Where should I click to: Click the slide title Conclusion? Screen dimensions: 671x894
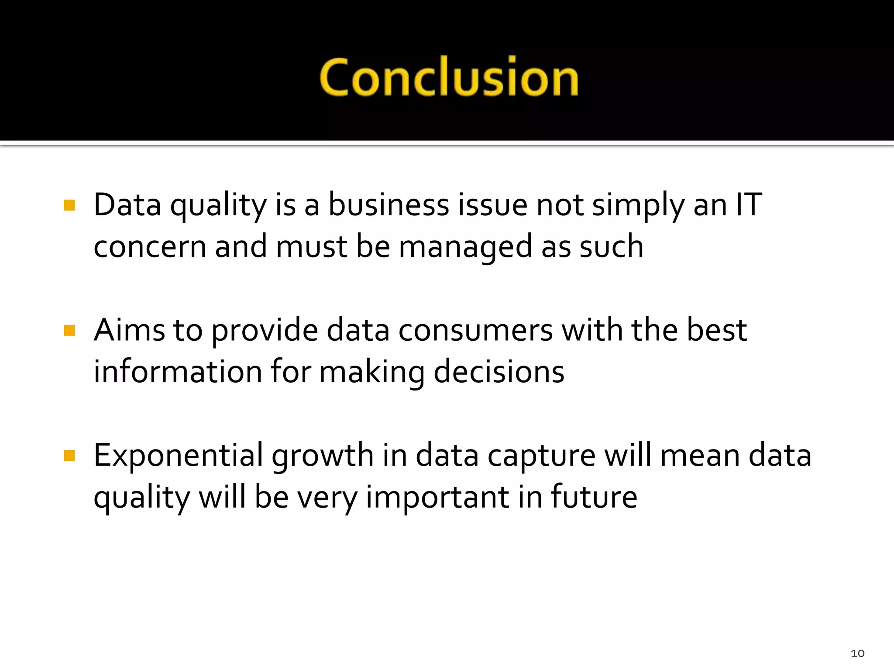(x=449, y=78)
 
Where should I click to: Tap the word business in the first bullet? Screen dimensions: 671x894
(x=389, y=204)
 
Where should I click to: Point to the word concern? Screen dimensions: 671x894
(x=150, y=247)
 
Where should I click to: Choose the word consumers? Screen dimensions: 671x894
(x=475, y=330)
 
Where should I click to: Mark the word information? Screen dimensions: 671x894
(x=178, y=372)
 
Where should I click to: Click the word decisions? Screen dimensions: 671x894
(x=499, y=372)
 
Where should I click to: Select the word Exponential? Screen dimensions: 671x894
(x=179, y=456)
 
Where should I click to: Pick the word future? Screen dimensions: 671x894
(x=594, y=497)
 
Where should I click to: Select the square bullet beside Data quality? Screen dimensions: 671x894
(x=69, y=205)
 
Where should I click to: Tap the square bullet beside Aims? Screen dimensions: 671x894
(x=69, y=330)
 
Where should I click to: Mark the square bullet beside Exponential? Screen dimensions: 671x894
(x=69, y=456)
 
